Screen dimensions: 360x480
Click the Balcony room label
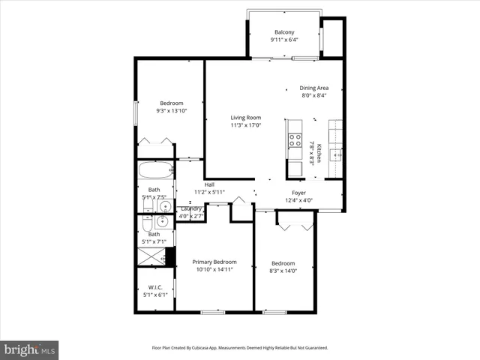click(284, 32)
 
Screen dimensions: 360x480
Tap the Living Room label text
click(245, 118)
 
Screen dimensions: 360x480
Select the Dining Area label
click(314, 88)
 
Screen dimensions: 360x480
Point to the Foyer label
click(299, 192)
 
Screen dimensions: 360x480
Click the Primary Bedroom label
click(214, 262)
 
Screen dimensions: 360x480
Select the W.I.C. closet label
click(155, 286)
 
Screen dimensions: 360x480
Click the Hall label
click(199, 184)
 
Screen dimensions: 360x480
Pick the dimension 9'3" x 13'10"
click(171, 111)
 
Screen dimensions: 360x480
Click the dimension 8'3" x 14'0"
click(283, 271)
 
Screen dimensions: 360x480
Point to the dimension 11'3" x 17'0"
click(245, 125)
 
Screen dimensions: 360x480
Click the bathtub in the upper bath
click(156, 170)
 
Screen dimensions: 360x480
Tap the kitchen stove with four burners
click(294, 140)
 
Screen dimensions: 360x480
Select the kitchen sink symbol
click(337, 154)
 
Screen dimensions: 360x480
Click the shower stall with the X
click(153, 256)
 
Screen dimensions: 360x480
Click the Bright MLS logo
click(30, 350)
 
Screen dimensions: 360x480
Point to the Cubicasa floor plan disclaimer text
click(239, 347)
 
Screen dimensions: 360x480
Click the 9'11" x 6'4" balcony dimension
click(284, 40)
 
